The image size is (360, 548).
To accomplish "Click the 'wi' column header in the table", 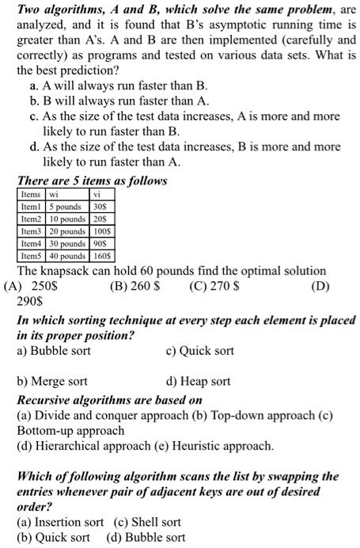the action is point(54,194).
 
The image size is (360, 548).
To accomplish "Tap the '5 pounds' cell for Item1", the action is point(66,207).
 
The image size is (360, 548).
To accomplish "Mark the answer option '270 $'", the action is point(215,286).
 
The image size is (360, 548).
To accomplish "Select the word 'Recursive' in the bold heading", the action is point(44,400).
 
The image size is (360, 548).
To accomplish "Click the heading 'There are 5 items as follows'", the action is point(93,181).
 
